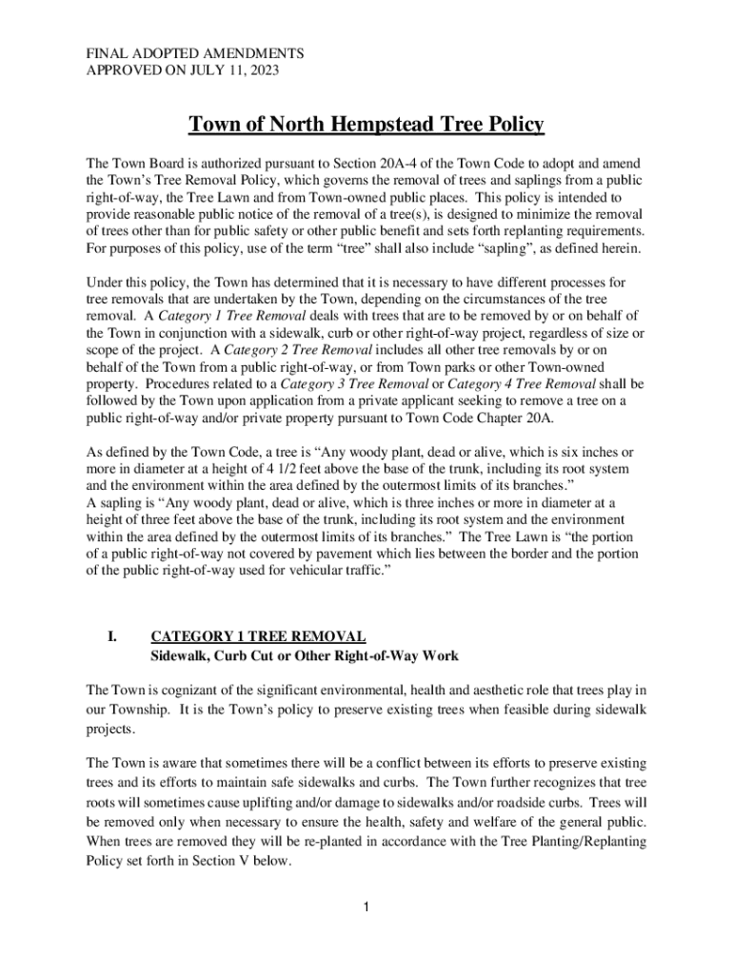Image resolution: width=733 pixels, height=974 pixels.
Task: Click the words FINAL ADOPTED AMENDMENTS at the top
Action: tap(195, 53)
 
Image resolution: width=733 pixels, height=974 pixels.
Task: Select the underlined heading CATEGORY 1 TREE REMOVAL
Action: tap(258, 636)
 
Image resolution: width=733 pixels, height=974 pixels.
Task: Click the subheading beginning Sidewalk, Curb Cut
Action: tap(306, 655)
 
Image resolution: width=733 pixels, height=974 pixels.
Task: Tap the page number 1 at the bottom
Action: tap(366, 906)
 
